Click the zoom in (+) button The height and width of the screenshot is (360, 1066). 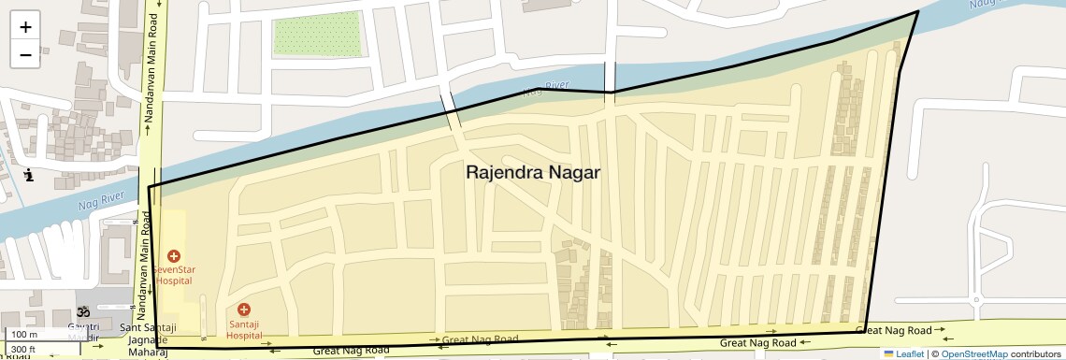25,27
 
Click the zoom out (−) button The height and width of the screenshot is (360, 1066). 25,54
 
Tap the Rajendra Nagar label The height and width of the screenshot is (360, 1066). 532,173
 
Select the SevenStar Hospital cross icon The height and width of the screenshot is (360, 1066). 174,255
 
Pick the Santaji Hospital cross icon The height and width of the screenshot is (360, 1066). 244,309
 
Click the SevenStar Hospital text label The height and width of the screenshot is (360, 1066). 174,274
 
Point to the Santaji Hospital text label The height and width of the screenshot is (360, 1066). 244,328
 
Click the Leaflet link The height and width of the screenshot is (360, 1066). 905,353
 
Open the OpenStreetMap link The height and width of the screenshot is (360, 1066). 973,353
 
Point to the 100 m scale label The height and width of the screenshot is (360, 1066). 24,335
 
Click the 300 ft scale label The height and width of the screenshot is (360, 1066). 23,350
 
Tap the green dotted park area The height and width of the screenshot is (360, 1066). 316,34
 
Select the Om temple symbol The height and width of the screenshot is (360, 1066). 82,311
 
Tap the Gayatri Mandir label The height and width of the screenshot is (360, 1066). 83,331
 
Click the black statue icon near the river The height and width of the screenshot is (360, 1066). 30,174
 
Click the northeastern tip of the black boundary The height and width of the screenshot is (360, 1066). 917,11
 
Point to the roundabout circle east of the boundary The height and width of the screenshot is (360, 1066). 974,301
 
